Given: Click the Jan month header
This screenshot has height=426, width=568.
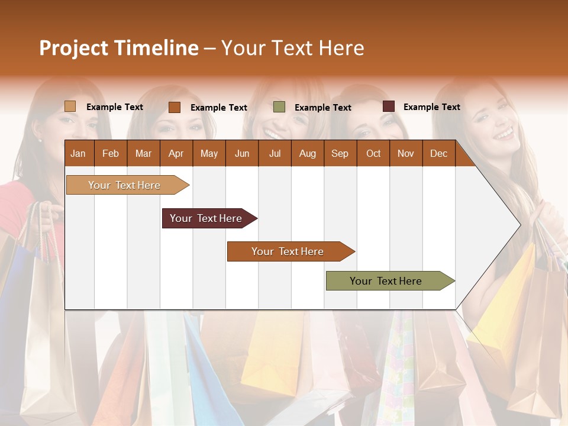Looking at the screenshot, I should click(78, 153).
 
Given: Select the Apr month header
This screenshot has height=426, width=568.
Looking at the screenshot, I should click(176, 153).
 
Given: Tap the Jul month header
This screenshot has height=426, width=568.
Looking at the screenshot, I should click(275, 153).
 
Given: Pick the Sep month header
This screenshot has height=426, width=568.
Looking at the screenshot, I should click(340, 153).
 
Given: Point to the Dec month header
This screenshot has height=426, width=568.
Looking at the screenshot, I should click(438, 153).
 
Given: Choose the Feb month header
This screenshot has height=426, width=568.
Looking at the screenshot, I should click(111, 153).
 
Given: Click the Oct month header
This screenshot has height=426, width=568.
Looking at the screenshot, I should click(373, 153).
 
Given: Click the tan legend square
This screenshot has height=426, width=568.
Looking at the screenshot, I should click(70, 106).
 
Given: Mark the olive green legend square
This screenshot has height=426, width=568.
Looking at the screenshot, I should click(279, 107).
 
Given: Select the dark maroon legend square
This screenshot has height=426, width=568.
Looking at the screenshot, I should click(388, 106).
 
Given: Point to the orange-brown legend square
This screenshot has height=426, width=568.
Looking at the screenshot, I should click(175, 107).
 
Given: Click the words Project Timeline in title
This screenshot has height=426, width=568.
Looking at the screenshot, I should click(118, 48).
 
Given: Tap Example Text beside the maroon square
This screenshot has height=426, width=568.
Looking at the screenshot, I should click(431, 107).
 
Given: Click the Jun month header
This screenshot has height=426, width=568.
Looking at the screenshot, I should click(242, 153).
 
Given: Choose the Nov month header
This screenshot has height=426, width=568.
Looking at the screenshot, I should click(405, 153).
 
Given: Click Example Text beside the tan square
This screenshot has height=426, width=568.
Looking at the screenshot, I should click(115, 107).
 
